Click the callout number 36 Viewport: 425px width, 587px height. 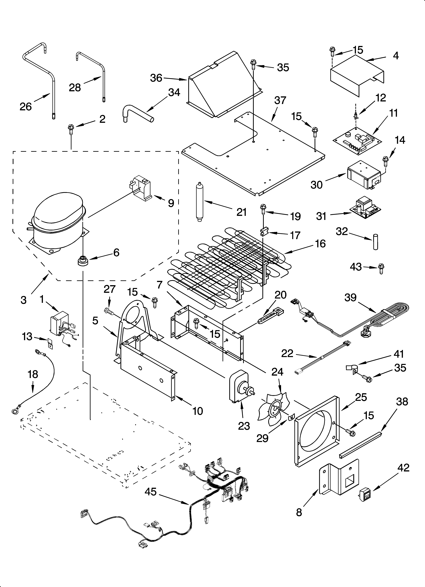click(156, 78)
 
